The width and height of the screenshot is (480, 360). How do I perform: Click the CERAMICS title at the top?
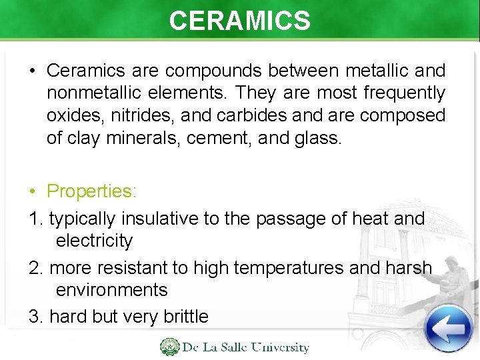239,21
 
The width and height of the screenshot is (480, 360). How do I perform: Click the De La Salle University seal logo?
169,347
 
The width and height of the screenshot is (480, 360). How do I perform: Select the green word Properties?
91,191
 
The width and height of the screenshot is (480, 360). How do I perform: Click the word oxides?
70,115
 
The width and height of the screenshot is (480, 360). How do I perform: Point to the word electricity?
94,240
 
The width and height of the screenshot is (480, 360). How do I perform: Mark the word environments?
111,289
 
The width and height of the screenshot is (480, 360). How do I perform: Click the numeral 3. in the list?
36,316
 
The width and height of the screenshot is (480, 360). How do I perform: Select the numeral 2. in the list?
36,267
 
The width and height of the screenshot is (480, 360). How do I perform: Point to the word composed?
403,115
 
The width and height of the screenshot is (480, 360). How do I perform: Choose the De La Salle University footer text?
246,347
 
